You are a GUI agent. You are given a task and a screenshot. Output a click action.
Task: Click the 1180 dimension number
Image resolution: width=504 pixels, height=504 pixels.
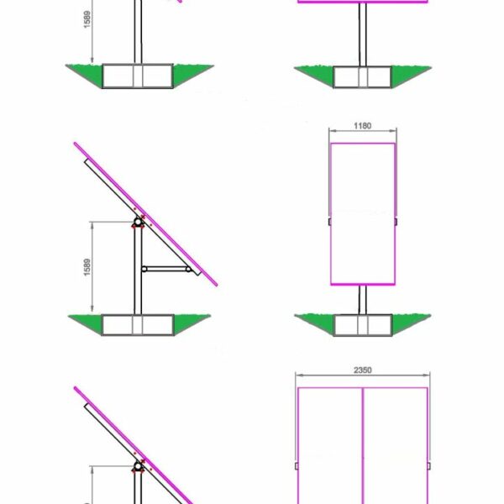click(x=363, y=127)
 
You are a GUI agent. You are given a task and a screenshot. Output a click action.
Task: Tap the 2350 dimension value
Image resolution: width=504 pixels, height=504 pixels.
click(x=363, y=370)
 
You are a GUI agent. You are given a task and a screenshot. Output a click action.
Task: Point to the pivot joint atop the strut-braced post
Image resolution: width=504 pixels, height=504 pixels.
click(x=137, y=223)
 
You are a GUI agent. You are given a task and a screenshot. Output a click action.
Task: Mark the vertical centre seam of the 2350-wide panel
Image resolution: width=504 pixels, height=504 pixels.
click(x=363, y=445)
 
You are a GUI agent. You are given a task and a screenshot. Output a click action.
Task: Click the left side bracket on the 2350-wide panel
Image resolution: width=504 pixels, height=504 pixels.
click(x=297, y=465)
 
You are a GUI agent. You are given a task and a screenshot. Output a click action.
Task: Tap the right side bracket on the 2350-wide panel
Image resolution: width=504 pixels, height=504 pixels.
click(x=429, y=465)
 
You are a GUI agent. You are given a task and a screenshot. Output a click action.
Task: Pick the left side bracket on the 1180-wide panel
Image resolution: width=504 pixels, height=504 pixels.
click(x=329, y=222)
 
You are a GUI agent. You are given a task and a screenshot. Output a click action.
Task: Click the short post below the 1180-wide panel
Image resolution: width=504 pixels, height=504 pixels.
click(x=363, y=299)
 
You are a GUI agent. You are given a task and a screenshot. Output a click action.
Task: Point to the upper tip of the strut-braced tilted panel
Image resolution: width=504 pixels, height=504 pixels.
click(x=76, y=144)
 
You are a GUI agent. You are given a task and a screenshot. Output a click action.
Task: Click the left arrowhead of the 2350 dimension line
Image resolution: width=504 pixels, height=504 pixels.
click(x=299, y=378)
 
